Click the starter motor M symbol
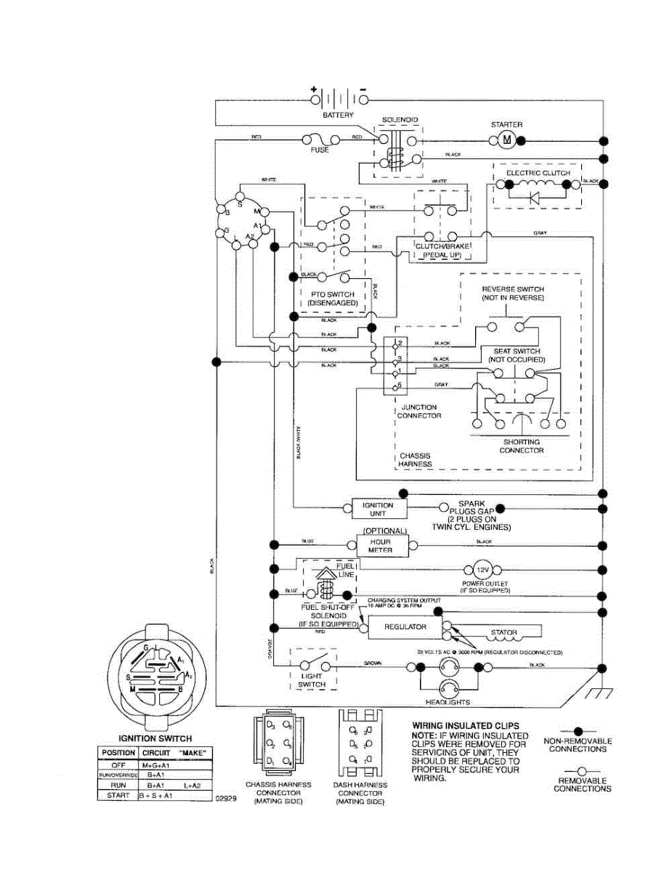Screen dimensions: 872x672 click(508, 140)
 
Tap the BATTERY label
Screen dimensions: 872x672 click(338, 115)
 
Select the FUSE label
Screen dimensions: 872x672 click(320, 150)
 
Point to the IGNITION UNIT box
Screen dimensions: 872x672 click(377, 509)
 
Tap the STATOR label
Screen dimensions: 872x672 click(503, 632)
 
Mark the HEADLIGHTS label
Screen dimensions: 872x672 click(448, 702)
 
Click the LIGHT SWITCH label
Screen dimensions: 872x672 click(312, 680)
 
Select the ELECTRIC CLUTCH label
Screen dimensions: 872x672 click(538, 173)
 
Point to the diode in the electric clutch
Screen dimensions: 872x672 click(536, 195)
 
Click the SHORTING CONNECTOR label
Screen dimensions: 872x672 click(521, 446)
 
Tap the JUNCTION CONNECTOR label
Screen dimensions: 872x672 click(418, 411)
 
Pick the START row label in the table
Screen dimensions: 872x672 click(116, 796)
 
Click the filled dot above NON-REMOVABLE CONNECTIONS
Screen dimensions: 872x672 click(578, 730)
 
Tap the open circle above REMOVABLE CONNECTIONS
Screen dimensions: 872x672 click(578, 770)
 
